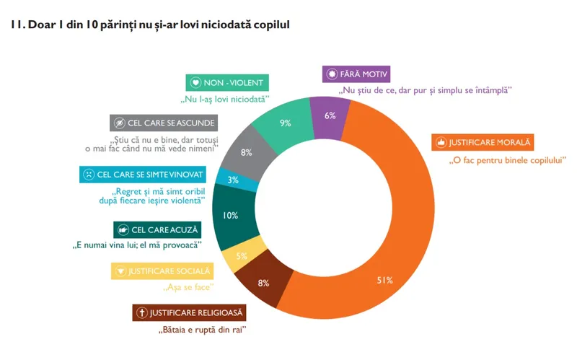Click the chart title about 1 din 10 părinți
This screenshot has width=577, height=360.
151,25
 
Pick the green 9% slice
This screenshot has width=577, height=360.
286,123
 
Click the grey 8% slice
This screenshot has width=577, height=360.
247,152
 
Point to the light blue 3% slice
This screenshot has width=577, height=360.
232,180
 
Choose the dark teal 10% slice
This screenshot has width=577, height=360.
231,215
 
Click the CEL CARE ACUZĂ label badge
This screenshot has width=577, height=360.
158,229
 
